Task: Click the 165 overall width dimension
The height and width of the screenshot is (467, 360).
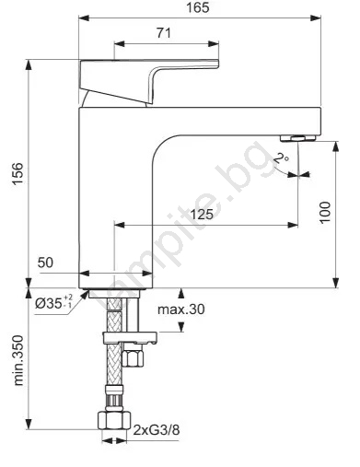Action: click(x=198, y=7)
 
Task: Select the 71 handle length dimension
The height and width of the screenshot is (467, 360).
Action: click(x=164, y=33)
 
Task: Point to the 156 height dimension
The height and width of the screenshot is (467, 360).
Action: click(x=18, y=174)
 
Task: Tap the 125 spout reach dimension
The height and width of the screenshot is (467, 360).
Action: click(x=202, y=214)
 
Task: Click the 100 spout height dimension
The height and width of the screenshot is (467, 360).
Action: click(x=325, y=213)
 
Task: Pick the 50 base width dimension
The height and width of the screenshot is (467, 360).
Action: click(x=45, y=263)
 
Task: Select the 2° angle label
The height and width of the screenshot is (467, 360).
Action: click(x=281, y=158)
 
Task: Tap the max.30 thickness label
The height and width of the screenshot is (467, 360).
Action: click(x=181, y=309)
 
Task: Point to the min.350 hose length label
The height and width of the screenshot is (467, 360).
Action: click(x=18, y=360)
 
